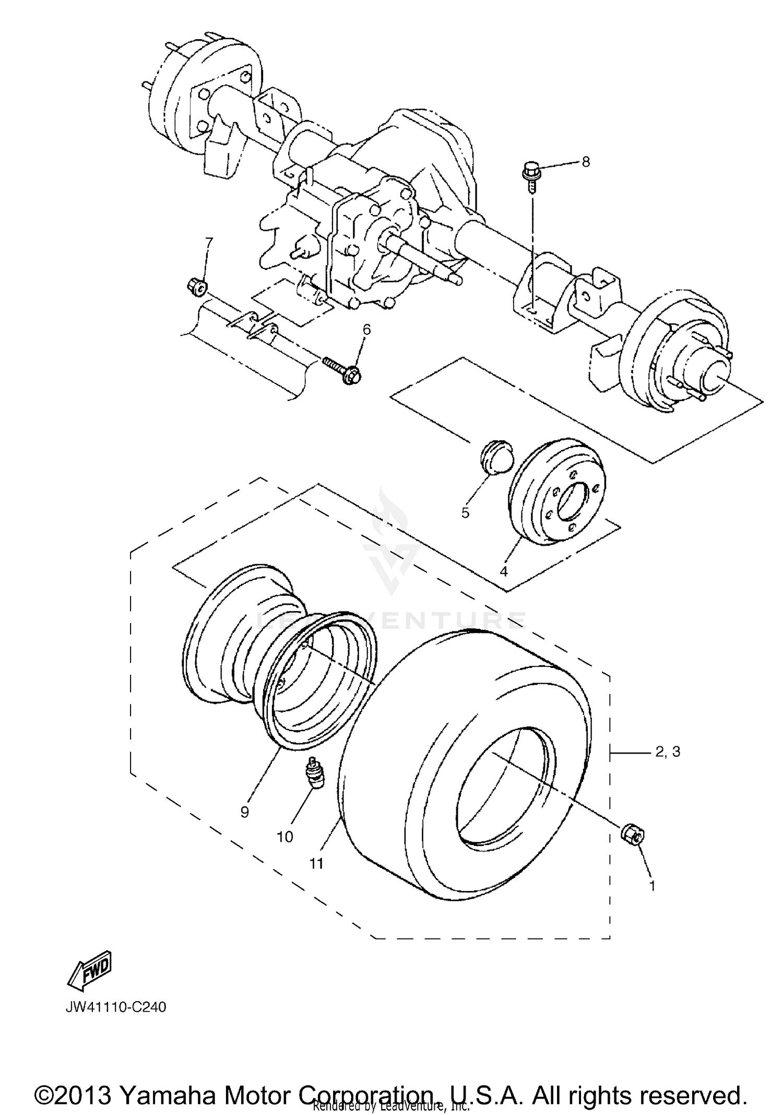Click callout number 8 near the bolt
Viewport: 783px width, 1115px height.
[x=586, y=162]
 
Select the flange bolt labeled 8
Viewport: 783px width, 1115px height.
[x=531, y=174]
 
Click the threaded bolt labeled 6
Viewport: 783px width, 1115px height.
[x=342, y=369]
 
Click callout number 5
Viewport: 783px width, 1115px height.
[x=465, y=512]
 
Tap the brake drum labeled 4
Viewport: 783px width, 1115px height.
[x=556, y=492]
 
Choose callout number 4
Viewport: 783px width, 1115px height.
[x=503, y=571]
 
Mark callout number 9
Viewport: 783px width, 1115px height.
[x=244, y=812]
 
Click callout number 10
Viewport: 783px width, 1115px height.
[x=285, y=837]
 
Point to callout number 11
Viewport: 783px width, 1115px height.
[x=316, y=863]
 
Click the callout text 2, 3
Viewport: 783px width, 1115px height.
[x=667, y=752]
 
